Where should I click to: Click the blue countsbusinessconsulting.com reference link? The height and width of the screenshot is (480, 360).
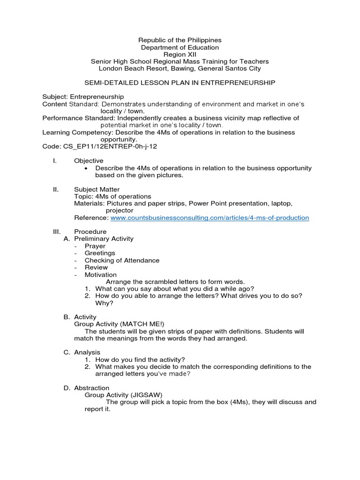(210, 217)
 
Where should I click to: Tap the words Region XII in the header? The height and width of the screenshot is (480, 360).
(180, 54)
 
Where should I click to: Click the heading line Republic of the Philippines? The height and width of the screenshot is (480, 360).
(180, 40)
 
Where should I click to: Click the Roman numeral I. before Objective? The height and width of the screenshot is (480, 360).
(55, 161)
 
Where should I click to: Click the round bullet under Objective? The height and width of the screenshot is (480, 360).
(88, 168)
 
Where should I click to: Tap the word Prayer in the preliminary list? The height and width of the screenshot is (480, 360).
(95, 246)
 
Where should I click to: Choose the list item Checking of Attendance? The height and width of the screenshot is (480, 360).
(122, 260)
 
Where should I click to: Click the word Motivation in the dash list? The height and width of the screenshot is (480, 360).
(100, 275)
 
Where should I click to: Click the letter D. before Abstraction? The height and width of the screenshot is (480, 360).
(66, 388)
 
